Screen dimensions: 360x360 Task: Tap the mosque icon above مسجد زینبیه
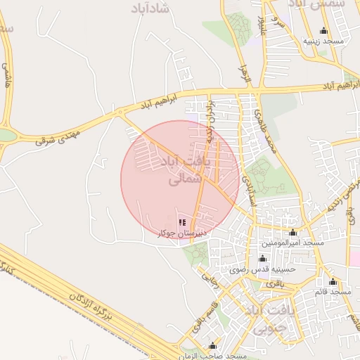(323, 30)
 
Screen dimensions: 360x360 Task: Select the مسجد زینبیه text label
(323, 41)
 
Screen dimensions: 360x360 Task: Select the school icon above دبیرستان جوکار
(172, 222)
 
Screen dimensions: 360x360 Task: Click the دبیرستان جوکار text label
(172, 233)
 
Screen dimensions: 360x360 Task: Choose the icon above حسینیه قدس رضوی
(263, 258)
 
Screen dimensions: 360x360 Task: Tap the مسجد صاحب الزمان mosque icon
(212, 345)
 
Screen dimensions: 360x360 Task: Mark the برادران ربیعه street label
(209, 114)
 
